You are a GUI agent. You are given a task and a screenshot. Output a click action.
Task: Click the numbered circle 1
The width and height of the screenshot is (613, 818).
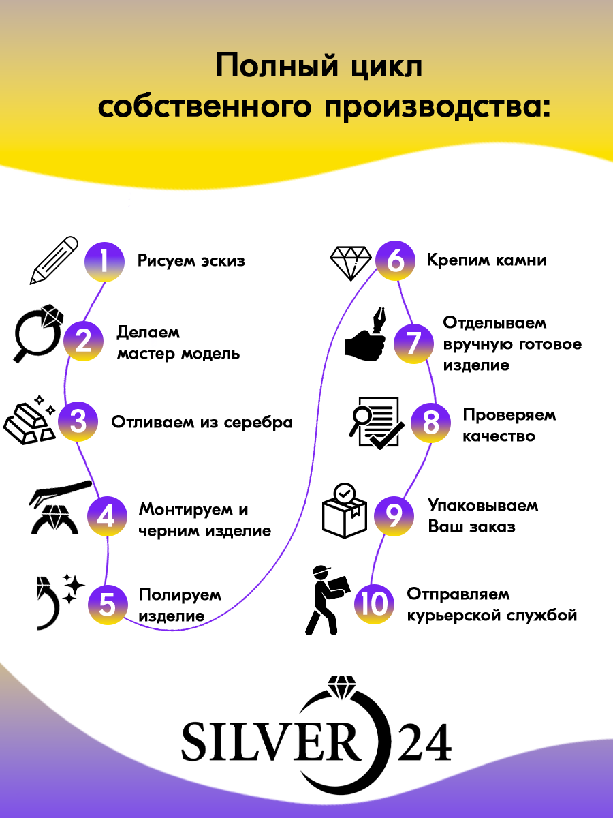[104, 260]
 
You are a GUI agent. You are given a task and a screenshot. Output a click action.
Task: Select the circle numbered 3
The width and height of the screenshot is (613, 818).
[78, 422]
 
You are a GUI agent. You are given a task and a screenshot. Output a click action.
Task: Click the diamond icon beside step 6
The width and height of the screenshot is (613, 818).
[351, 260]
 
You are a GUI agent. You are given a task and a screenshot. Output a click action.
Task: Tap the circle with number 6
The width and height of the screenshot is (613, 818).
[396, 260]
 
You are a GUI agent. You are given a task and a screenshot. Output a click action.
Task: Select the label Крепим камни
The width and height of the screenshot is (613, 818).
[486, 260]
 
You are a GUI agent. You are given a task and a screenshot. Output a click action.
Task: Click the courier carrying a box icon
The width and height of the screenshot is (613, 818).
[328, 600]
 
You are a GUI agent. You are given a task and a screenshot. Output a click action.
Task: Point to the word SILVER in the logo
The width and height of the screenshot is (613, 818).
[270, 741]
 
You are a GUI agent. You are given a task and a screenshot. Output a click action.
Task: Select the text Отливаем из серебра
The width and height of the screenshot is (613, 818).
[202, 422]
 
